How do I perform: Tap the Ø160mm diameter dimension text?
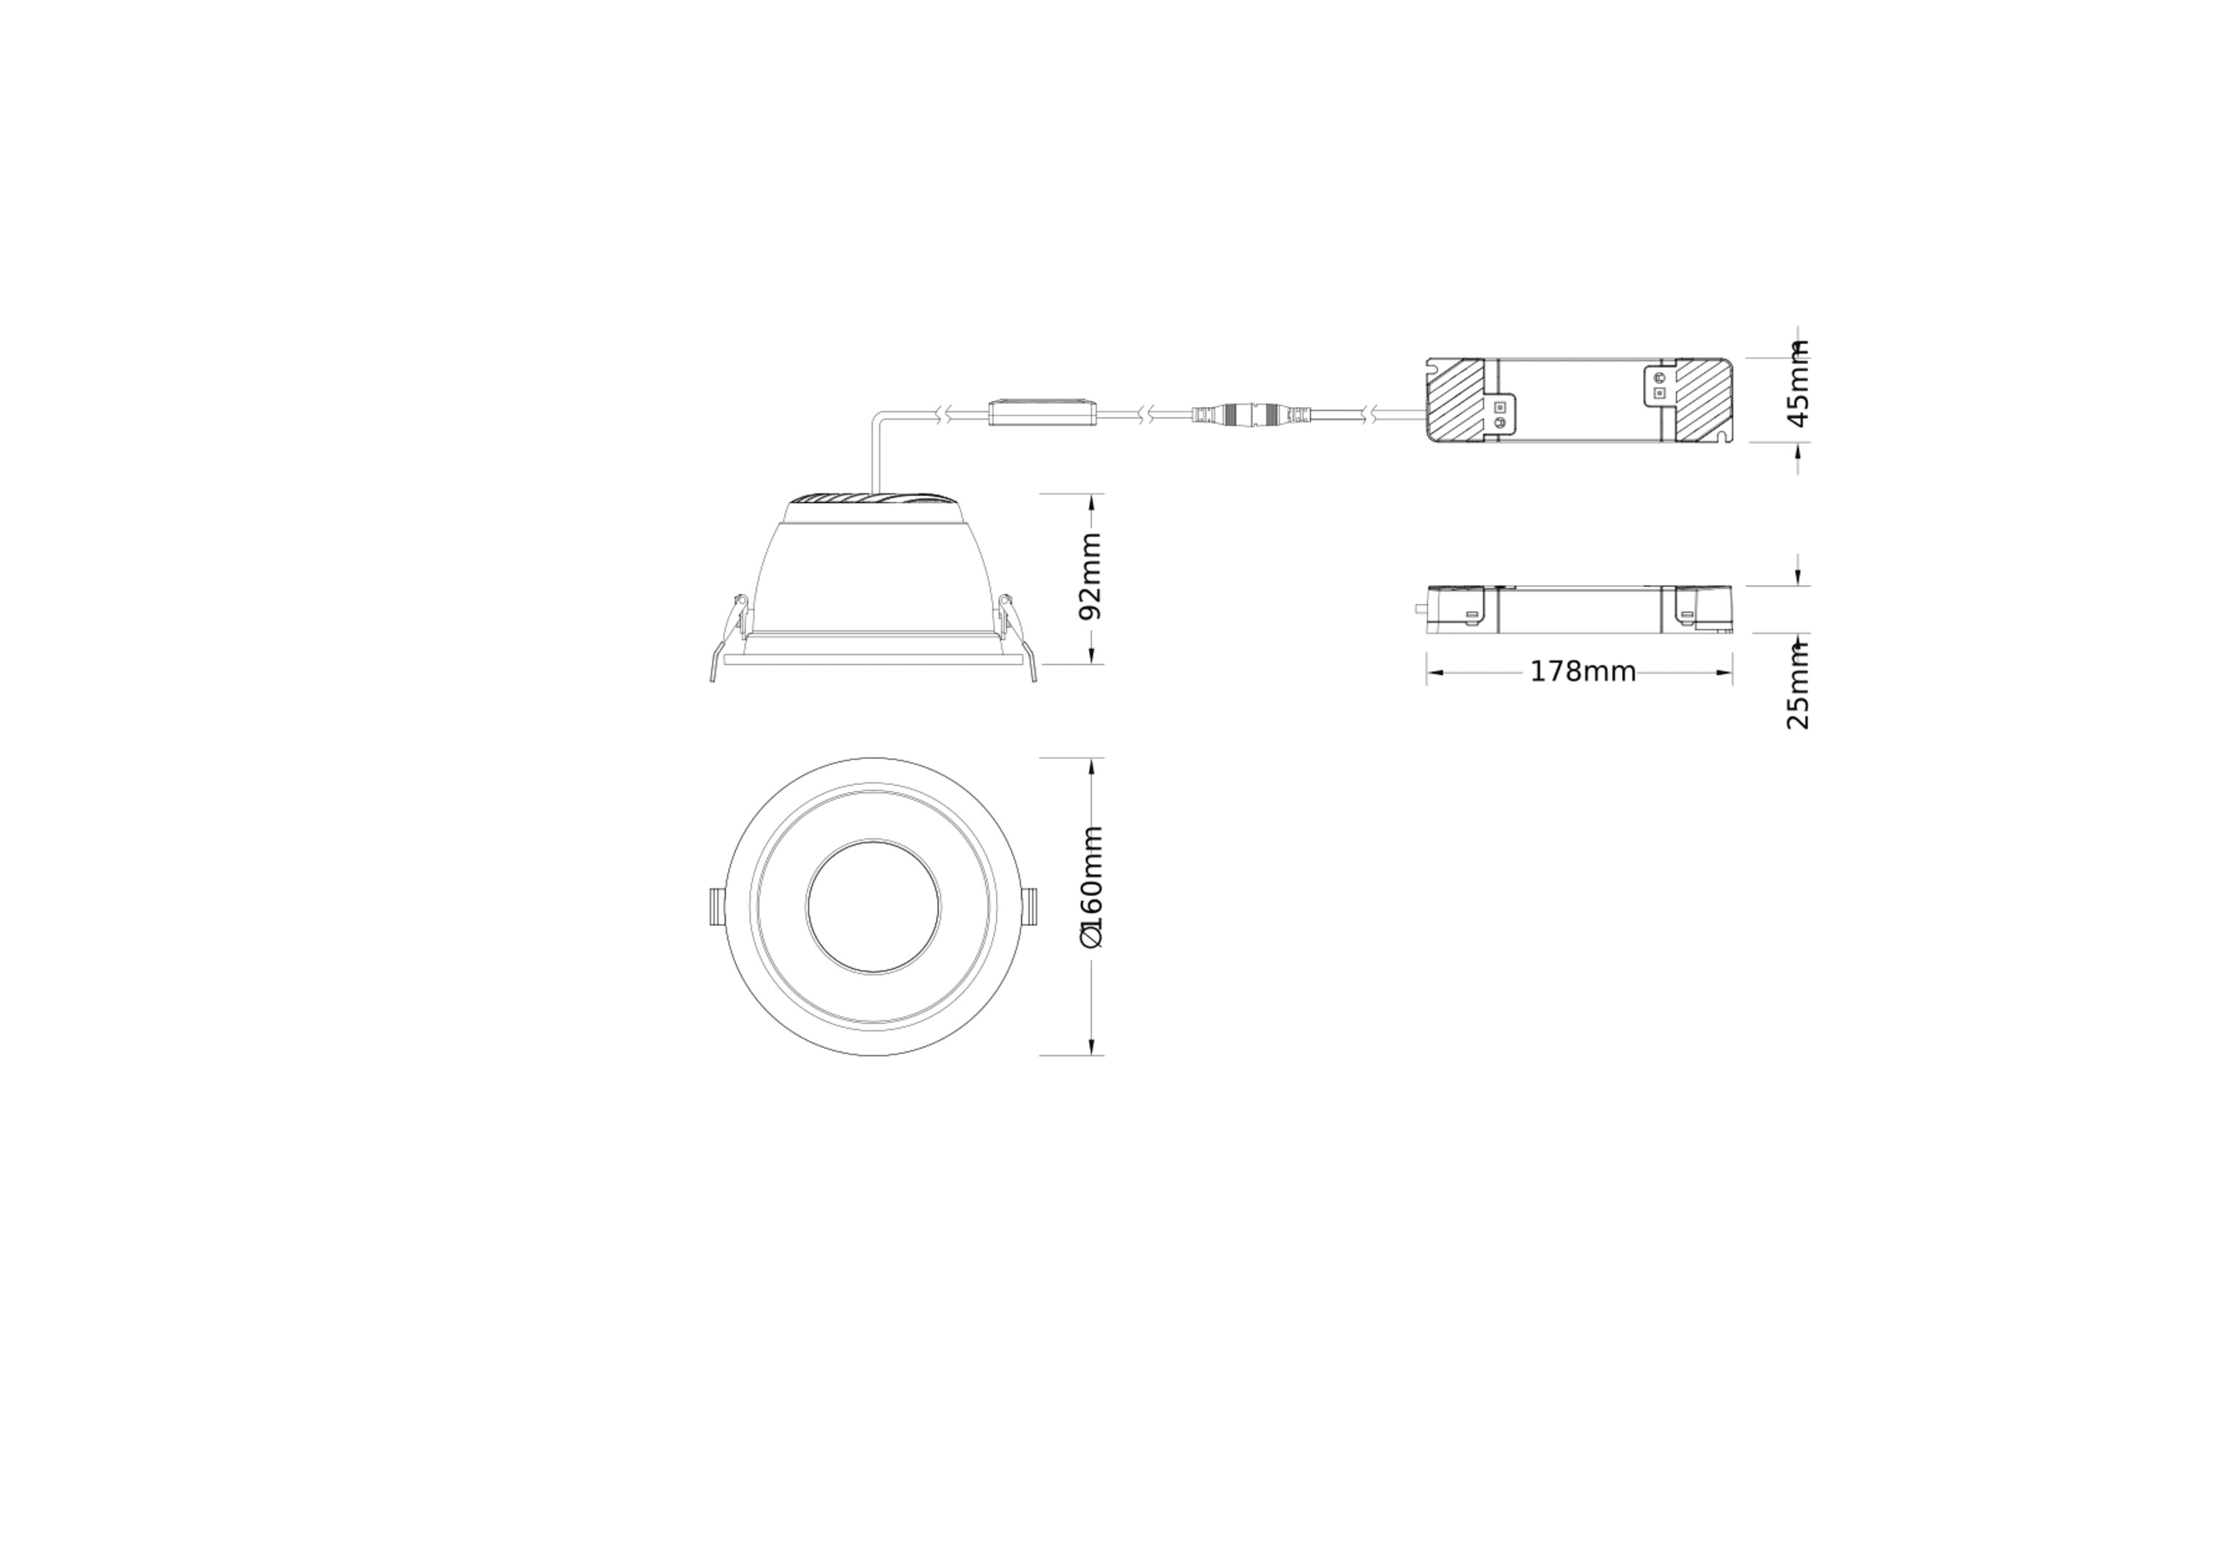point(1090,887)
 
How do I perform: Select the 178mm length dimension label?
point(1582,671)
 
